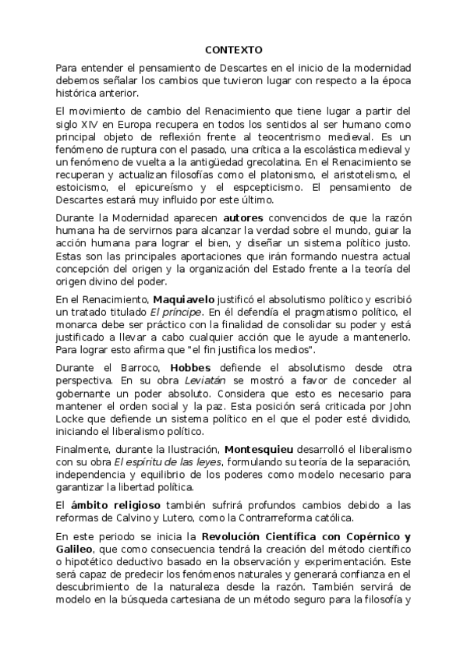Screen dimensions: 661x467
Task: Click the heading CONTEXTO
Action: pyautogui.click(x=234, y=50)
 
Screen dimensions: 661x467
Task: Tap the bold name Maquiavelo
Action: pyautogui.click(x=184, y=299)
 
